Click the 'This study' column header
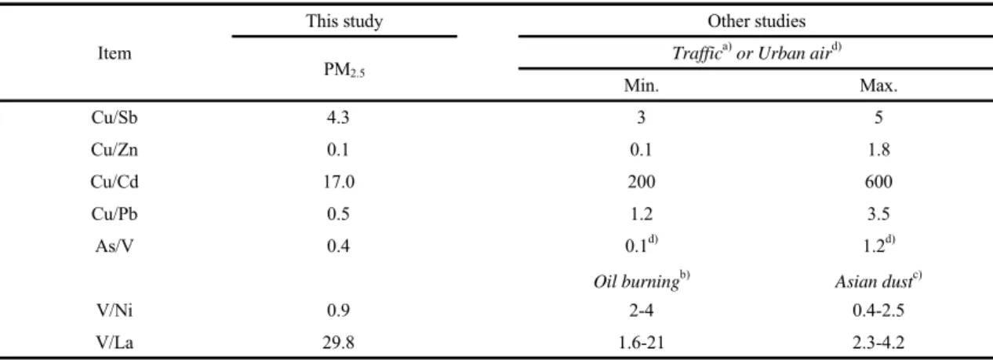point(344,21)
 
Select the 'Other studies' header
point(756,21)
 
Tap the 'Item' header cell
point(115,53)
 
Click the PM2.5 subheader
point(344,70)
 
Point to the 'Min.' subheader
point(641,85)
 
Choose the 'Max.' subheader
point(878,85)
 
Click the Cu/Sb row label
point(115,118)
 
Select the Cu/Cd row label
point(115,182)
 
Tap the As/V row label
point(115,245)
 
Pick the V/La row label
point(115,342)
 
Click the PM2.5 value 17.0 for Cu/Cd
point(339,182)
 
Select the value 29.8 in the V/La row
point(338,342)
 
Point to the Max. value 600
point(878,182)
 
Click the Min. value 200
point(641,182)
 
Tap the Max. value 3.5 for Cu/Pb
point(878,214)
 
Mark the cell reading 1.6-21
point(641,342)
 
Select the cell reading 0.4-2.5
point(878,311)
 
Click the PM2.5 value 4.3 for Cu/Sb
point(338,118)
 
